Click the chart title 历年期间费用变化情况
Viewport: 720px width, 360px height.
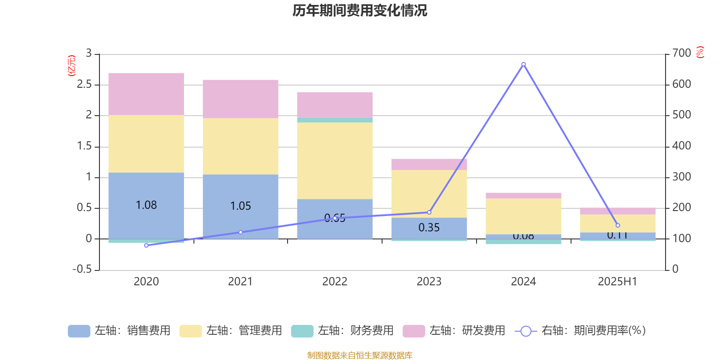click(360, 10)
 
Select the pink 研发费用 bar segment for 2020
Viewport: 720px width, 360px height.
click(146, 94)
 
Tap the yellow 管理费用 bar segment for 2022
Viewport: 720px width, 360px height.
click(335, 161)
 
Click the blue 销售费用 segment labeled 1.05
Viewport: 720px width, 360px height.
click(240, 206)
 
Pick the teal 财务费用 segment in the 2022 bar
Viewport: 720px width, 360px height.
click(335, 120)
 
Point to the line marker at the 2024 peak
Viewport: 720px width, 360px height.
click(523, 64)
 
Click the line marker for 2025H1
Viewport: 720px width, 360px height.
click(617, 225)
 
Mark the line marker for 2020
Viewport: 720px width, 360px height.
click(146, 246)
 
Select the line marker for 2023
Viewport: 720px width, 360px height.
click(429, 212)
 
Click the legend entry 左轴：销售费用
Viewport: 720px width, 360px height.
click(119, 331)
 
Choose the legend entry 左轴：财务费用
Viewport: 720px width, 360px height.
click(342, 331)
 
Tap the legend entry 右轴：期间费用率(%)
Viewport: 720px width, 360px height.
click(580, 331)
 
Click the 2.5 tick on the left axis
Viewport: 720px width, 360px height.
click(84, 85)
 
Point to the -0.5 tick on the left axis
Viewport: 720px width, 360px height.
click(82, 269)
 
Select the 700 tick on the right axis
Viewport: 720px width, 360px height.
click(681, 53)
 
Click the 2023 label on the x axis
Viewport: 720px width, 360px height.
click(429, 282)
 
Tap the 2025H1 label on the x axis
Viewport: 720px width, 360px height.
click(617, 282)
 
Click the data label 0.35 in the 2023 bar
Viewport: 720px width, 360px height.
click(429, 228)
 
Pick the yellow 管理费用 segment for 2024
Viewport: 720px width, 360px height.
click(523, 216)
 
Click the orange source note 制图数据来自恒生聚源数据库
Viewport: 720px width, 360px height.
click(360, 355)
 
